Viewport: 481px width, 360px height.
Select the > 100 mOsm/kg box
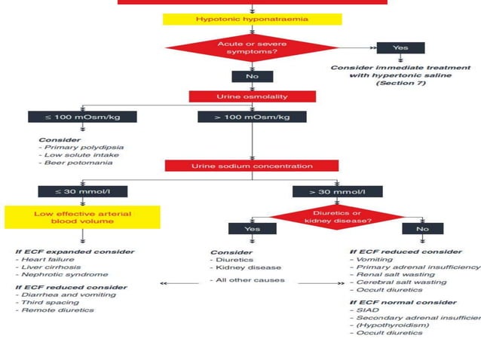tap(251, 117)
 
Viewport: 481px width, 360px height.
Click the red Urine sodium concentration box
tap(251, 165)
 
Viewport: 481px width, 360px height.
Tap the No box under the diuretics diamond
tap(422, 228)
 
